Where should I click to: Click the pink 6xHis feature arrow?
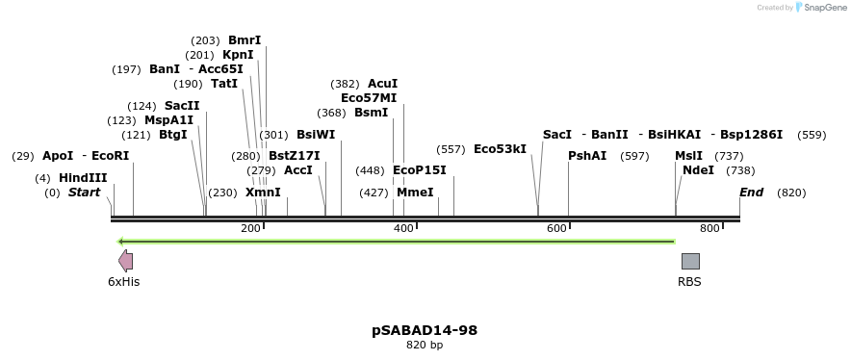125,261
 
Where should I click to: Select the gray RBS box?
690,261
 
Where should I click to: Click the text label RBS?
689,282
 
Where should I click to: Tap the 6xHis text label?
123,282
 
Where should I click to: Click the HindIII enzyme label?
83,178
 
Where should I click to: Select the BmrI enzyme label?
245,40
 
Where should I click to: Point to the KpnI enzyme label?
238,55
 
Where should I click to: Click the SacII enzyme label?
182,106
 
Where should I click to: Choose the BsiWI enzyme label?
316,135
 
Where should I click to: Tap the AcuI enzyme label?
382,84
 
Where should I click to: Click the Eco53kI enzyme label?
500,149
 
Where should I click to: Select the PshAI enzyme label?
587,156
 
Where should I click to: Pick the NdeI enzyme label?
698,170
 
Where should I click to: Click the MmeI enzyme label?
415,193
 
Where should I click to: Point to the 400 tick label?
403,228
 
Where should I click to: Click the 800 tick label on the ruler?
709,228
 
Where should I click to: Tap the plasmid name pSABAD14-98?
425,330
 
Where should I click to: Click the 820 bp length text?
425,345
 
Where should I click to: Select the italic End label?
751,193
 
